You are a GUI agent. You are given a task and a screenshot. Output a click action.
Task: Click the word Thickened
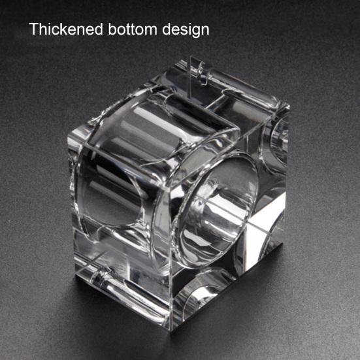click(x=66, y=29)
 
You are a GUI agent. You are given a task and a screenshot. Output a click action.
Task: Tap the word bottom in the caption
click(x=133, y=29)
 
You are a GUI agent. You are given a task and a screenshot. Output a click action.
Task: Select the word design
click(x=186, y=30)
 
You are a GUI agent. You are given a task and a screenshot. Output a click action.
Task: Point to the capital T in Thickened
click(x=34, y=29)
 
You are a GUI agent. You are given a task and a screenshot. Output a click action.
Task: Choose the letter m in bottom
click(x=151, y=31)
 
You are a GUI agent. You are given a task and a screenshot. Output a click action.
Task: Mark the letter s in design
click(x=179, y=31)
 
